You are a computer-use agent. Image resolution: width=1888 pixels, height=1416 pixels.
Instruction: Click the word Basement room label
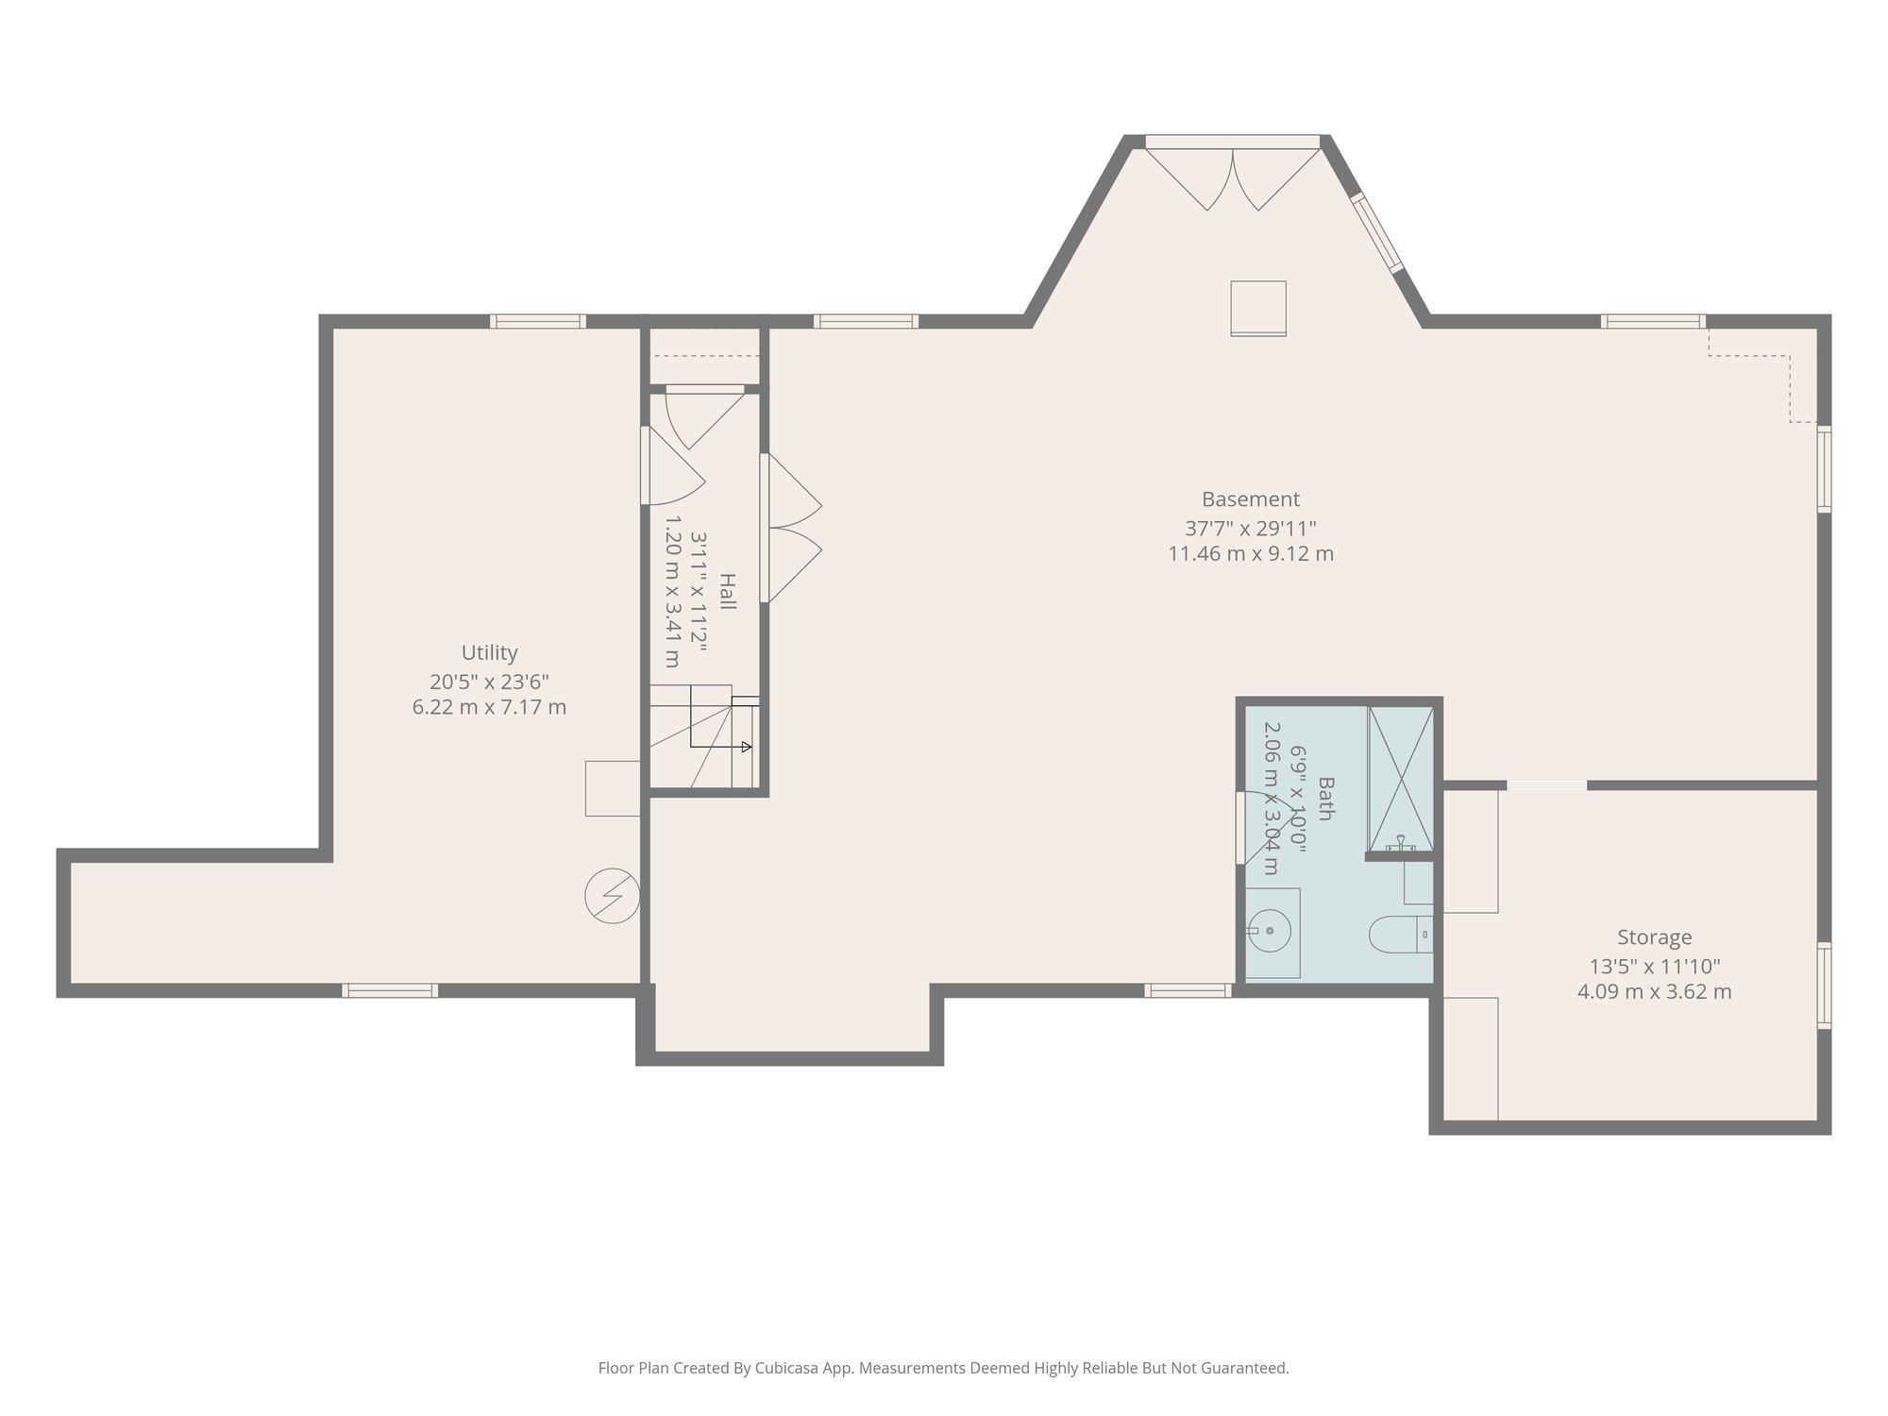pos(1250,499)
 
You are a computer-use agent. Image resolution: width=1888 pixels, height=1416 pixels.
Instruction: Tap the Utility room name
pos(489,653)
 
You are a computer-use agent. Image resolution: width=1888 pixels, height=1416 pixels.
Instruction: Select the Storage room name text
pos(1654,937)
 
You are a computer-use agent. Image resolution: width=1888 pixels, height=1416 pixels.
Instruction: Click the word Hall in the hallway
pos(728,591)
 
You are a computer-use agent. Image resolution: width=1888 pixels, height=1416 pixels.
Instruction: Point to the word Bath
pos(1325,798)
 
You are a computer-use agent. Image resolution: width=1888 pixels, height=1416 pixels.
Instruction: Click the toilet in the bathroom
pos(1401,934)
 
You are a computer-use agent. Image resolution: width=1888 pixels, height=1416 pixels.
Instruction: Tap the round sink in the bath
pos(1269,932)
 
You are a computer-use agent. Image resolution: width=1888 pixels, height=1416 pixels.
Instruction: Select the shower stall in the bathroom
pos(1401,779)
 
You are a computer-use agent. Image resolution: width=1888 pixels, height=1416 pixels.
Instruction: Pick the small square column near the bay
pos(1258,308)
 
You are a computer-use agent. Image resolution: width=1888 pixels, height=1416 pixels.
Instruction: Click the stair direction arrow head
pos(747,747)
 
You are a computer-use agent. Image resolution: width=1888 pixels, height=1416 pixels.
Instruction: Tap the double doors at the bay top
pos(1233,175)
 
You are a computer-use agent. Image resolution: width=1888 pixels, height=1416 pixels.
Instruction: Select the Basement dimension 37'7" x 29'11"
pos(1251,528)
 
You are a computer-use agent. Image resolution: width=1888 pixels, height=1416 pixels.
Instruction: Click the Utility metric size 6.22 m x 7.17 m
pos(489,707)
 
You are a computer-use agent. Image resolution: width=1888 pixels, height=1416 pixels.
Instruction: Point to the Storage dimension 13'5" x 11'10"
pos(1654,967)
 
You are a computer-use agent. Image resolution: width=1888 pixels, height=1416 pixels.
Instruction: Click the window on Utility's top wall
pos(538,321)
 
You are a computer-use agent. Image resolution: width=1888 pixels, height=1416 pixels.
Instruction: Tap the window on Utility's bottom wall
pos(390,990)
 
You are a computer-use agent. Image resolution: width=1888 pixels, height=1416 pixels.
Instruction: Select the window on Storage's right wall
pos(1825,986)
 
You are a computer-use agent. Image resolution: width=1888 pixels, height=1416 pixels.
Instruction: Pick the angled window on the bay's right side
pos(1376,232)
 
